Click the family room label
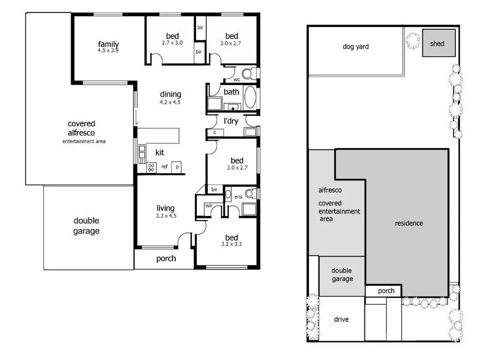tap(108, 45)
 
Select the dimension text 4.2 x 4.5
tap(170, 102)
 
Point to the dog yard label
tap(356, 46)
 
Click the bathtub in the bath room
tap(250, 98)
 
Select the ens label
tap(238, 197)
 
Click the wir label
tap(208, 206)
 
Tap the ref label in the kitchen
tap(164, 167)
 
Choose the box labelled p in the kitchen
tap(178, 167)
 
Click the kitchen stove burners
tap(152, 168)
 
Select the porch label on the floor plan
tap(166, 259)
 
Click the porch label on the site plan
tap(386, 291)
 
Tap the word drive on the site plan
tap(341, 320)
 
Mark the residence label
tap(409, 223)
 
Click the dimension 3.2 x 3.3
tap(231, 245)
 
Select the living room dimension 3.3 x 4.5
tap(165, 216)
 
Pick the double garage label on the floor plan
tap(86, 226)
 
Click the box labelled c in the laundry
tap(215, 133)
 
